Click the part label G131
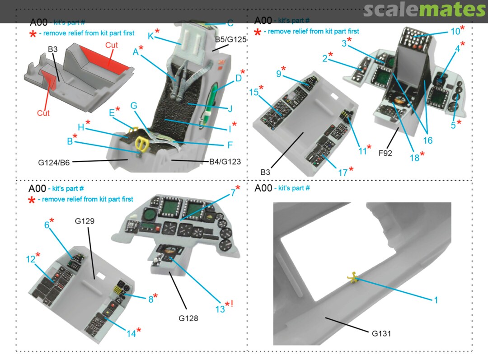tap(381, 333)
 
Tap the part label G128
tap(188, 318)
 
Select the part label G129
tap(84, 221)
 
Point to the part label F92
tap(385, 153)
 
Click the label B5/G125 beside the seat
tap(230, 40)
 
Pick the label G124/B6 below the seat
tap(54, 163)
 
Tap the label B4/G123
tap(225, 162)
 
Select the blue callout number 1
tap(436, 299)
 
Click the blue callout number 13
tap(220, 309)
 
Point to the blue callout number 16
tap(427, 140)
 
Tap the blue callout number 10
tap(455, 32)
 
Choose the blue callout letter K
tap(150, 36)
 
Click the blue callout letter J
tap(230, 109)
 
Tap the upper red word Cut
tap(112, 45)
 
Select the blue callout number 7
tap(233, 193)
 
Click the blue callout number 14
tap(131, 333)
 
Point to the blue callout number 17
tap(343, 173)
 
